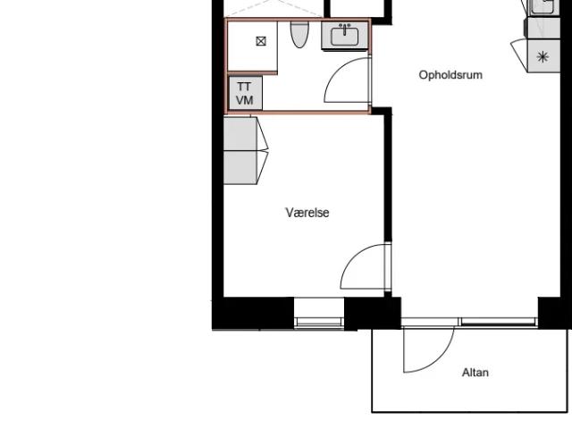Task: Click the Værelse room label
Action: point(307,213)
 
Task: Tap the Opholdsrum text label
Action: point(450,75)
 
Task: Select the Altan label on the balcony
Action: point(475,373)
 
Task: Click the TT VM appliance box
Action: point(245,93)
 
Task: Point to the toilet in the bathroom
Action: point(300,34)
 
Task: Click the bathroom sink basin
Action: point(345,37)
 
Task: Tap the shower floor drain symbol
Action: point(261,41)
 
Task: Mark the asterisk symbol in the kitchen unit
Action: point(543,57)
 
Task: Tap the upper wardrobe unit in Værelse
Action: point(240,133)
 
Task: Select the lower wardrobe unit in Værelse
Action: point(240,167)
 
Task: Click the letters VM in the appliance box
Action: point(244,100)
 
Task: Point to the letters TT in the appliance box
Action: point(244,87)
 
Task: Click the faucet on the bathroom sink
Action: point(345,29)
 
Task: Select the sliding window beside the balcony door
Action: point(498,322)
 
